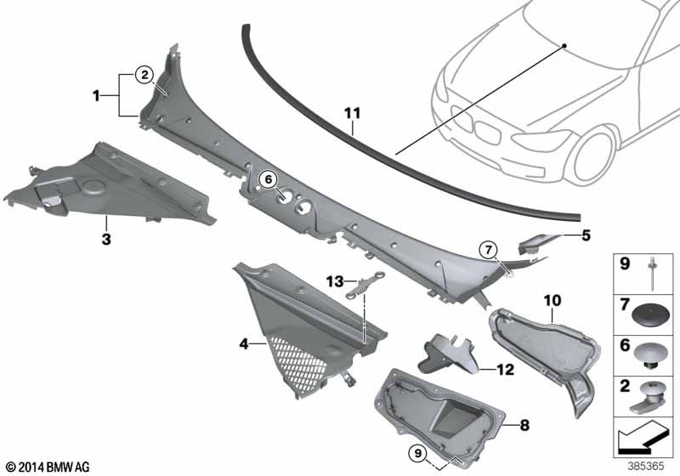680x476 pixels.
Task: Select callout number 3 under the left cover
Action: point(106,240)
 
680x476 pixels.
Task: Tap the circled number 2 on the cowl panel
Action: point(145,74)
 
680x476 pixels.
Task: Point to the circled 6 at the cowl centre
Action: point(267,179)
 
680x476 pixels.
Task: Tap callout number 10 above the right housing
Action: point(552,300)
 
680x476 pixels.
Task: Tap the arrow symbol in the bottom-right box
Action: point(642,439)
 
